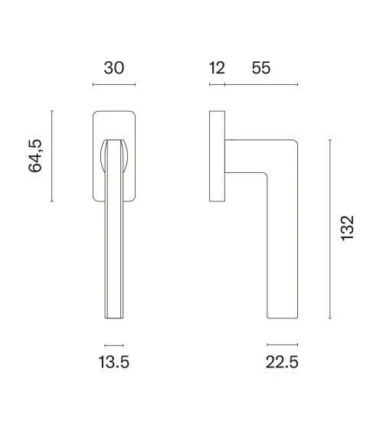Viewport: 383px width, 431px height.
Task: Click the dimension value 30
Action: [x=114, y=68]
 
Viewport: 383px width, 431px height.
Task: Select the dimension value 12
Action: [x=217, y=68]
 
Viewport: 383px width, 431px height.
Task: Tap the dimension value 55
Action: [x=261, y=68]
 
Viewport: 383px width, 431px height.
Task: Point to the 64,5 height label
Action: [x=35, y=156]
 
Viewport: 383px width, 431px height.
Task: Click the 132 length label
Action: [x=347, y=229]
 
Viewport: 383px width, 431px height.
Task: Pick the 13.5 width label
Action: [x=113, y=362]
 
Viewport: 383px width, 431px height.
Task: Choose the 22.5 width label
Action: [x=282, y=362]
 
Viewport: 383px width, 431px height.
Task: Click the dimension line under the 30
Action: [x=114, y=84]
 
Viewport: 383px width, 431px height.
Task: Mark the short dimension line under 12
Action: [x=218, y=84]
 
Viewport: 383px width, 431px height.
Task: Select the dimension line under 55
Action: [x=261, y=84]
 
